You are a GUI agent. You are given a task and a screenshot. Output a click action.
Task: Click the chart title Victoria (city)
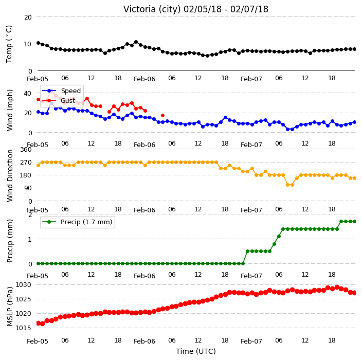152,9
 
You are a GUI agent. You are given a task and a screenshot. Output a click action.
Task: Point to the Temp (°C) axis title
9,44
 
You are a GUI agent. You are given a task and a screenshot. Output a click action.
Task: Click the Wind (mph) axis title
10,110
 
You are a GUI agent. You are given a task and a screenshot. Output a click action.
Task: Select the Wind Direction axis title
10,175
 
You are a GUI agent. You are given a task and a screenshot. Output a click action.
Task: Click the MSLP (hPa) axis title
10,306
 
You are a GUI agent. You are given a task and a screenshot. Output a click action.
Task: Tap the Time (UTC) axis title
196,351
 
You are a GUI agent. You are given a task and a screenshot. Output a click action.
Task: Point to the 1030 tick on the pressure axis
23,285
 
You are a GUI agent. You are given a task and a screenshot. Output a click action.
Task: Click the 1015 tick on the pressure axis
23,328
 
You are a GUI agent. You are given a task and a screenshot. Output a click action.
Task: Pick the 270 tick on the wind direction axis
26,163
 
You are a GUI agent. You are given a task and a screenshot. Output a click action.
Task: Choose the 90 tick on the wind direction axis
28,188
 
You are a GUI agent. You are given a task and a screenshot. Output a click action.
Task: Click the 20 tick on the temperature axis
28,17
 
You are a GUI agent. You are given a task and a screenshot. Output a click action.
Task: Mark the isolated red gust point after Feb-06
163,116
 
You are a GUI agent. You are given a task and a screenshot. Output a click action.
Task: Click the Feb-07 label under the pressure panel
251,341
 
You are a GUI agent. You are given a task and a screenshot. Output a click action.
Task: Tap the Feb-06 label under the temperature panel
144,79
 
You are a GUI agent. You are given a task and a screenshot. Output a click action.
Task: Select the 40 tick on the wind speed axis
27,93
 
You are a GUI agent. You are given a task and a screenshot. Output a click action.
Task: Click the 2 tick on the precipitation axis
30,215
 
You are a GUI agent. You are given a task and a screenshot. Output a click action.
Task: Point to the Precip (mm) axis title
10,241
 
